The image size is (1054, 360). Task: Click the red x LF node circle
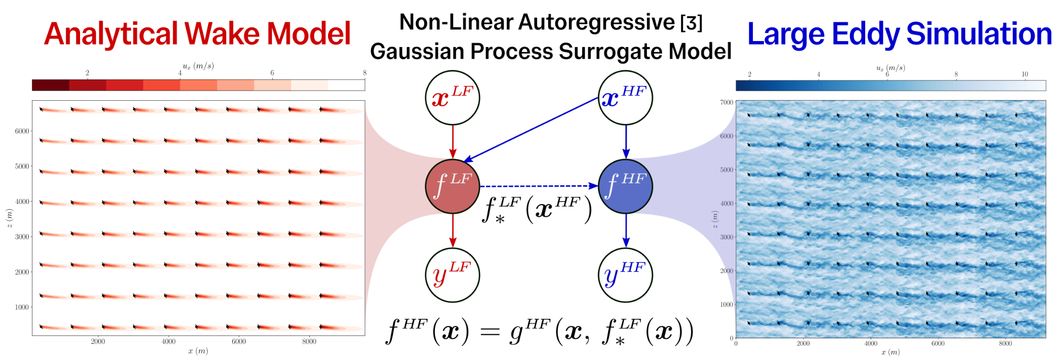[x=452, y=98]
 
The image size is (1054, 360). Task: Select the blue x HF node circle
[x=625, y=98]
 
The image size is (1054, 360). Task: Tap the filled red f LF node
[x=452, y=186]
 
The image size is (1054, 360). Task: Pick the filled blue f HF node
[x=625, y=186]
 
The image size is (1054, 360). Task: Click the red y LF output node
[x=452, y=275]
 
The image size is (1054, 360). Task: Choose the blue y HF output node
[x=625, y=275]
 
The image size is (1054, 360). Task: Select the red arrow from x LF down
[x=453, y=141]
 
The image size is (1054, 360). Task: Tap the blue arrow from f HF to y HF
[x=626, y=230]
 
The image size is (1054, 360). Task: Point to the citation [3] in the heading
[x=691, y=23]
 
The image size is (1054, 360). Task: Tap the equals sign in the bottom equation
[x=490, y=332]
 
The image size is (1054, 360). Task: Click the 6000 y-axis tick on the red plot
[x=22, y=131]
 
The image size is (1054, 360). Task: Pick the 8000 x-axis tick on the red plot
[x=309, y=342]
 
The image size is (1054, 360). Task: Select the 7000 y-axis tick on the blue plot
[x=726, y=102]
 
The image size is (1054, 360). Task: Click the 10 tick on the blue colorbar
[x=1025, y=74]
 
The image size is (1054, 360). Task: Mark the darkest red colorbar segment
[x=50, y=85]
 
